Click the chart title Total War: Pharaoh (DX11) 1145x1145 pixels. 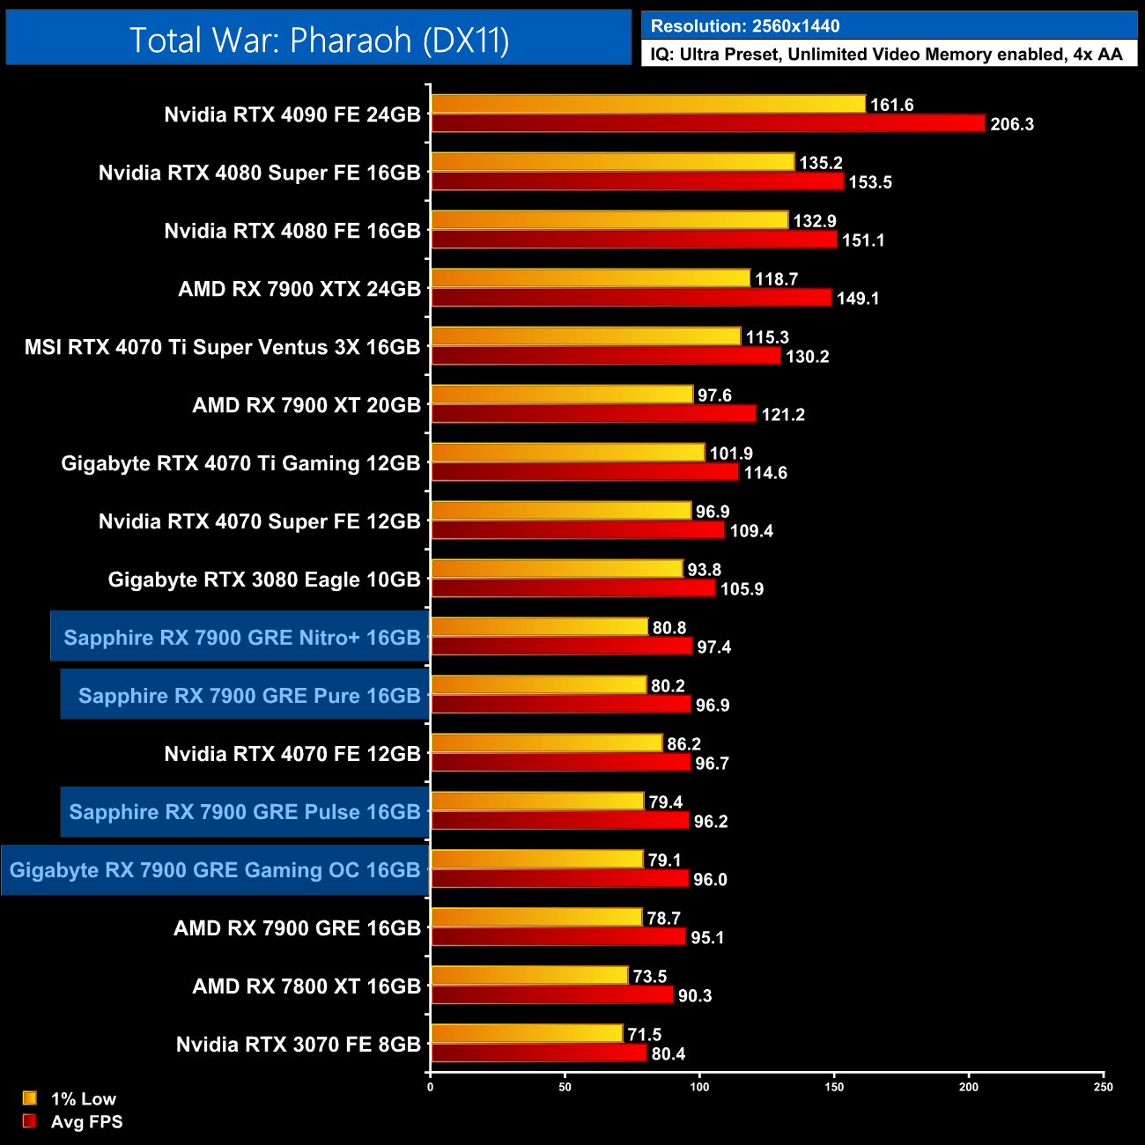[x=319, y=40]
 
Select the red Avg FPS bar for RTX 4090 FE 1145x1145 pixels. [x=707, y=123]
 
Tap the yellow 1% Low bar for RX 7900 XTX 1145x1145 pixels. [x=590, y=278]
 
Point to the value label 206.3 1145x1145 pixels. [x=1012, y=124]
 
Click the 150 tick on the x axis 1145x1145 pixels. [x=834, y=1087]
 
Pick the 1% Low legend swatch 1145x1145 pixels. [x=30, y=1098]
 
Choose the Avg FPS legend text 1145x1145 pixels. [x=86, y=1122]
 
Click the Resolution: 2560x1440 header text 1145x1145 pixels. [x=745, y=26]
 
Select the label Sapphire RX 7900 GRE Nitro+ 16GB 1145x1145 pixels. [x=241, y=637]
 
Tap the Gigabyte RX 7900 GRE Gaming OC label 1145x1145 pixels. [x=215, y=870]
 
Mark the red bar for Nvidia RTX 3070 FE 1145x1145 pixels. [x=538, y=1053]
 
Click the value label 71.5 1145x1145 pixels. [x=645, y=1035]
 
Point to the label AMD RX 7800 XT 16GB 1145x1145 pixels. [x=307, y=986]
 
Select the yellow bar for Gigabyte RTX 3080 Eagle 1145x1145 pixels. [x=557, y=569]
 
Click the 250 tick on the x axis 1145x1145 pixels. [x=1104, y=1087]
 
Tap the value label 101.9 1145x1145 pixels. [x=731, y=454]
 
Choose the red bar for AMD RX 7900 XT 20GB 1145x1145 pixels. [x=594, y=414]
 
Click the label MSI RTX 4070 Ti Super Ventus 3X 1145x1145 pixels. [x=222, y=347]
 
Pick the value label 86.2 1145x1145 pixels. [x=683, y=744]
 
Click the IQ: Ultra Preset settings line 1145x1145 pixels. [x=886, y=55]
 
